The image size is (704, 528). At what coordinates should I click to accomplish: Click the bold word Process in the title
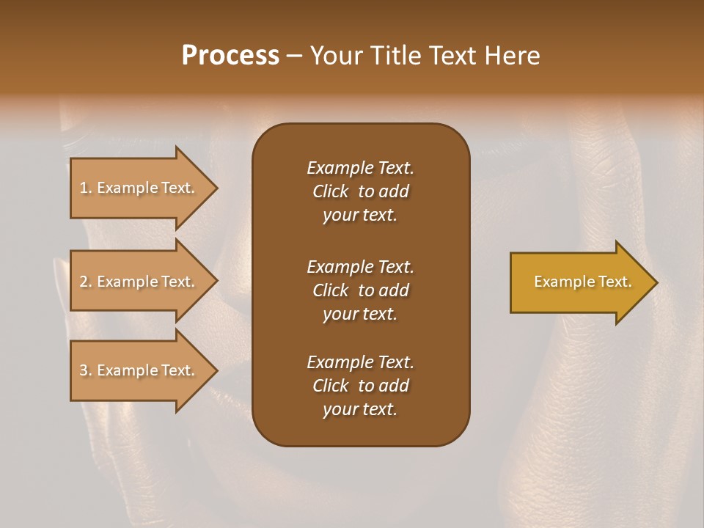[x=230, y=56]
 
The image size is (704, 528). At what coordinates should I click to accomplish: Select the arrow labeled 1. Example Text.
[x=139, y=188]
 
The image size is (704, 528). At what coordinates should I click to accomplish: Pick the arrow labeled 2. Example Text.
[x=139, y=282]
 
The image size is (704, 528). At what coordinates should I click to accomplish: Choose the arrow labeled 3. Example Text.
[x=139, y=370]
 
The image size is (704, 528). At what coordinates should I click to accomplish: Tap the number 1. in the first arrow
[x=86, y=188]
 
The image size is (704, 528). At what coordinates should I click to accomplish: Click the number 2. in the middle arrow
[x=86, y=282]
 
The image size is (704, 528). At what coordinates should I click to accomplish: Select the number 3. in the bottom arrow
[x=86, y=370]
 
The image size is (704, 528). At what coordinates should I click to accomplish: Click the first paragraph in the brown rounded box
[x=360, y=191]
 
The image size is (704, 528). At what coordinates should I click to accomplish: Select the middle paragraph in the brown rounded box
[x=360, y=290]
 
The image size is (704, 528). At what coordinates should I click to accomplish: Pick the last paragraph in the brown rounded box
[x=360, y=386]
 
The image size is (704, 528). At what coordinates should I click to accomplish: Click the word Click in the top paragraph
[x=330, y=191]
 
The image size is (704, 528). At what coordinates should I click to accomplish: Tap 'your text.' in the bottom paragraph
[x=360, y=409]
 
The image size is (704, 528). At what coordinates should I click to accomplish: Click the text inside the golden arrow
[x=582, y=282]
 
